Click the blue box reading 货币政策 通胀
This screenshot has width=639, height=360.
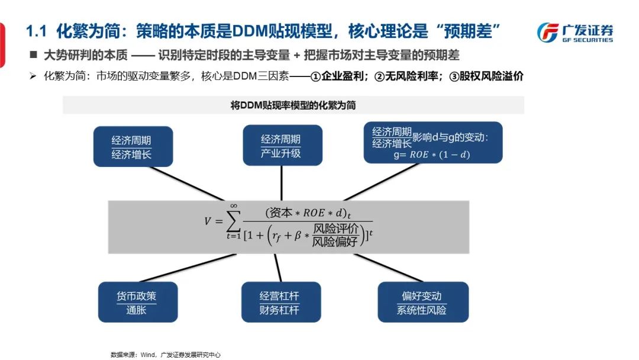point(137,302)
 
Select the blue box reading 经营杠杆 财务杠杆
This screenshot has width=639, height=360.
point(281,302)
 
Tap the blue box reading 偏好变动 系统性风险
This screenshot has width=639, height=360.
point(421,302)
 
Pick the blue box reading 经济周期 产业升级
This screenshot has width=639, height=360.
point(282,146)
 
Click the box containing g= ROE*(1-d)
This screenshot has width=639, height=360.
point(433,143)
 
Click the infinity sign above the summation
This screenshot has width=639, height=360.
point(233,205)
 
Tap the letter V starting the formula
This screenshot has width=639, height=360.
point(208,221)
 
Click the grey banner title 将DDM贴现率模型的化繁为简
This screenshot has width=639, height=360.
point(293,105)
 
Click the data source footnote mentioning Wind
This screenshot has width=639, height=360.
point(165,354)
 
